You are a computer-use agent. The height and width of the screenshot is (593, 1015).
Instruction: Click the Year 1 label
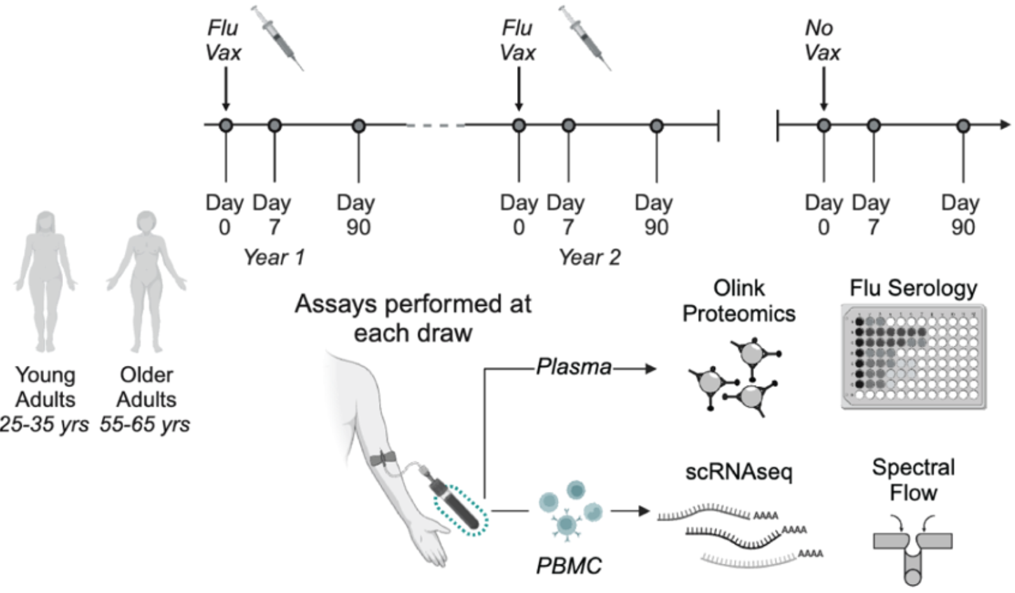(274, 257)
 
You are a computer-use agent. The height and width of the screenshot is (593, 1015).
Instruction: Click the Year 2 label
(589, 257)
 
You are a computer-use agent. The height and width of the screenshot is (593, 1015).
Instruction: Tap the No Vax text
(822, 39)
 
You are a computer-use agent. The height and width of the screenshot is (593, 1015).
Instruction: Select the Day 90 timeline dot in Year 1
(358, 125)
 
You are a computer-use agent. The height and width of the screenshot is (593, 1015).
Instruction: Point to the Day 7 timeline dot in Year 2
(568, 125)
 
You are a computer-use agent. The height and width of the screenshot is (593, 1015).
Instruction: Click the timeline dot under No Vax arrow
(823, 125)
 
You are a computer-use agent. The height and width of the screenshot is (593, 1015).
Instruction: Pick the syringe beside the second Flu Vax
(585, 37)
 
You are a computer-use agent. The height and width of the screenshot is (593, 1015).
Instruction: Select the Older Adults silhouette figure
(146, 280)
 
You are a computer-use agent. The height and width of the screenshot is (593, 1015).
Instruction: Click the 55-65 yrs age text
(145, 424)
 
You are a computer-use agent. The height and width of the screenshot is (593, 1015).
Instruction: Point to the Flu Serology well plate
(913, 356)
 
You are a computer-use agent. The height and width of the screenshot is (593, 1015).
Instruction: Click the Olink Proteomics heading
(739, 300)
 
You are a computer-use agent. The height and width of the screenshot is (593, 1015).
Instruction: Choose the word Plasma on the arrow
(573, 366)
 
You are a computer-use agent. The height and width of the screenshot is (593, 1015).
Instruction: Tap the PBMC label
(568, 566)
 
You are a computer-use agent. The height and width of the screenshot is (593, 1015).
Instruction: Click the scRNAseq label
(739, 472)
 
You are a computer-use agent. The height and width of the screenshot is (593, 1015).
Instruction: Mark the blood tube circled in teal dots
(460, 510)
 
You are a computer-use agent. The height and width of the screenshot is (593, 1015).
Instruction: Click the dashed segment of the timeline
(436, 125)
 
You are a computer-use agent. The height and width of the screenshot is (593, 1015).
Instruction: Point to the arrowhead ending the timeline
(1005, 125)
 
